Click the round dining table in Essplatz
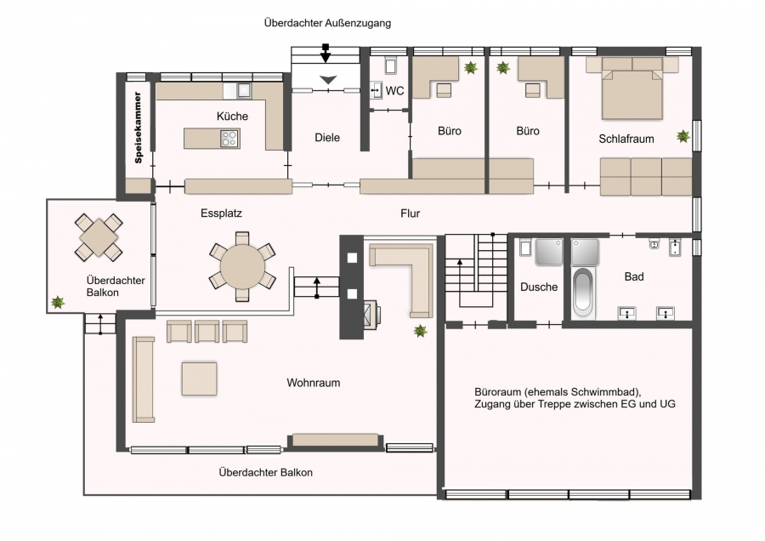pyautogui.click(x=242, y=266)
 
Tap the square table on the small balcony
pyautogui.click(x=99, y=237)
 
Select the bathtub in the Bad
pyautogui.click(x=583, y=293)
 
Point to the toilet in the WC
pyautogui.click(x=390, y=65)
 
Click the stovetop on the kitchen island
pyautogui.click(x=229, y=139)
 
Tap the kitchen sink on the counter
pyautogui.click(x=243, y=90)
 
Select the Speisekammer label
pyautogui.click(x=138, y=128)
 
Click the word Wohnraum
pyautogui.click(x=313, y=383)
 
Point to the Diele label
pyautogui.click(x=327, y=138)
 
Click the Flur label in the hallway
pyautogui.click(x=410, y=214)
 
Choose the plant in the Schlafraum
pyautogui.click(x=683, y=136)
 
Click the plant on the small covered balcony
pyautogui.click(x=58, y=302)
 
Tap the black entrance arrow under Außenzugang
pyautogui.click(x=326, y=54)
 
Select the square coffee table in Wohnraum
pyautogui.click(x=199, y=379)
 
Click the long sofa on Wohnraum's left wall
pyautogui.click(x=144, y=379)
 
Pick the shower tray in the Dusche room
pyautogui.click(x=549, y=252)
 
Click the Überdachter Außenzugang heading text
pyautogui.click(x=327, y=23)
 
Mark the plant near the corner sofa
pyautogui.click(x=420, y=331)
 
